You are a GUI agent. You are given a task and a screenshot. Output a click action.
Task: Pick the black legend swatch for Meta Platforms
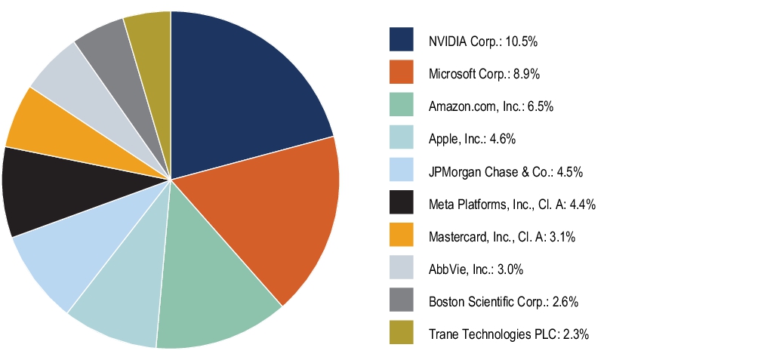(401, 203)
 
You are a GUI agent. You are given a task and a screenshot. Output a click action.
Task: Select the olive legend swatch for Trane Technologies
(401, 333)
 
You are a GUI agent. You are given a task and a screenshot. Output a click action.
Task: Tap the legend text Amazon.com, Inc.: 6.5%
(491, 106)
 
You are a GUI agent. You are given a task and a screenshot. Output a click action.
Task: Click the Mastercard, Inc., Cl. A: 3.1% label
(502, 236)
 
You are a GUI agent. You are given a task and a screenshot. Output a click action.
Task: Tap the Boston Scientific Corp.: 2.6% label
(504, 301)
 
